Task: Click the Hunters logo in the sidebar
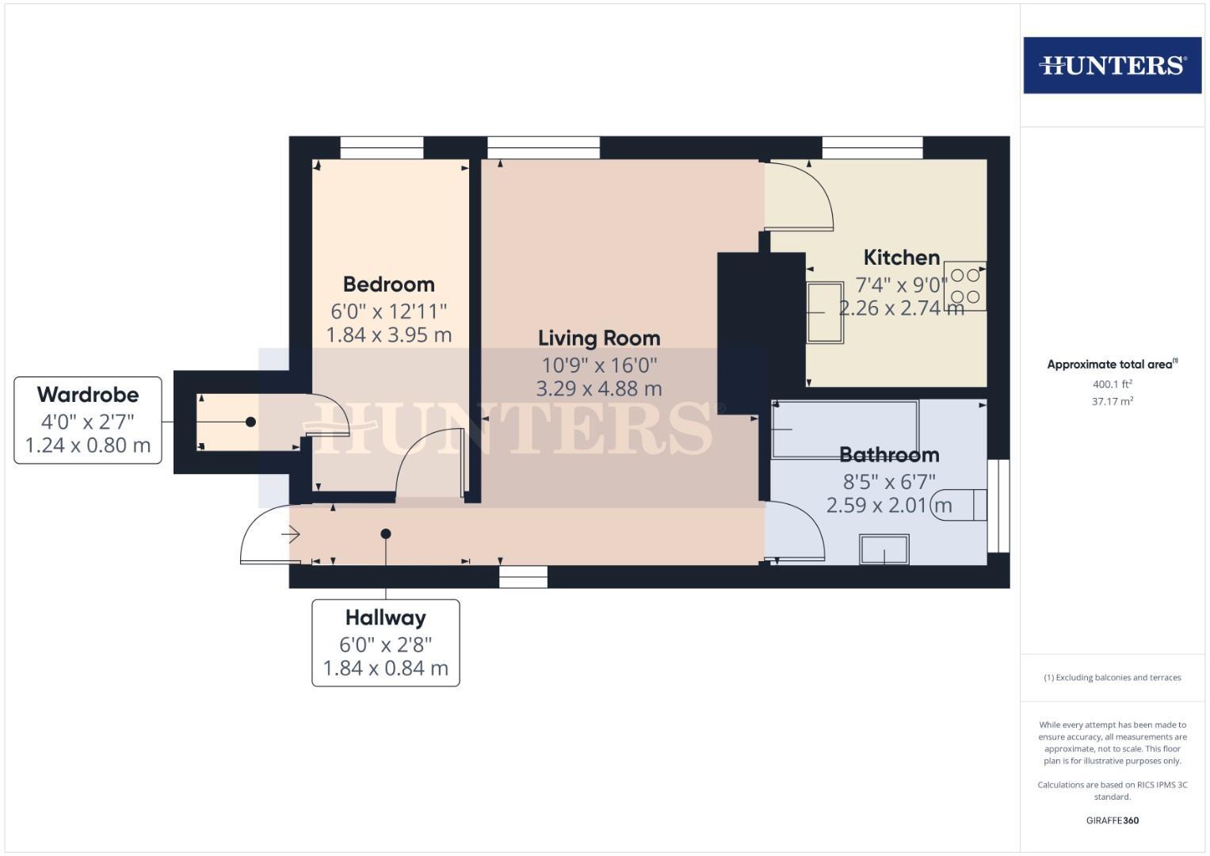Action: point(1112,65)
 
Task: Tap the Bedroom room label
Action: point(388,284)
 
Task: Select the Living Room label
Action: point(599,338)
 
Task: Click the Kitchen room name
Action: point(901,258)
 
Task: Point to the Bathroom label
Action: point(889,454)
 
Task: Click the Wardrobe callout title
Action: point(88,394)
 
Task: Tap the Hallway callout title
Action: point(385,617)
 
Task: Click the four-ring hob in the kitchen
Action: point(965,286)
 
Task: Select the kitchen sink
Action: point(825,312)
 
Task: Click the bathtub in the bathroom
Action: point(845,430)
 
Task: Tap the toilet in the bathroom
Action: point(960,505)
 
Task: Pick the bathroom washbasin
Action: point(884,549)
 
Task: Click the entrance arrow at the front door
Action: point(291,535)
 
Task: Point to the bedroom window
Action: point(382,147)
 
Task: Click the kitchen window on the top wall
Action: point(872,147)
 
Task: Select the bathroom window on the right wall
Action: point(998,505)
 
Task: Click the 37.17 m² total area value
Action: point(1112,402)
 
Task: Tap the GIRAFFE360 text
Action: point(1112,820)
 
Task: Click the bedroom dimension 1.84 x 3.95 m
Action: point(389,334)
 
